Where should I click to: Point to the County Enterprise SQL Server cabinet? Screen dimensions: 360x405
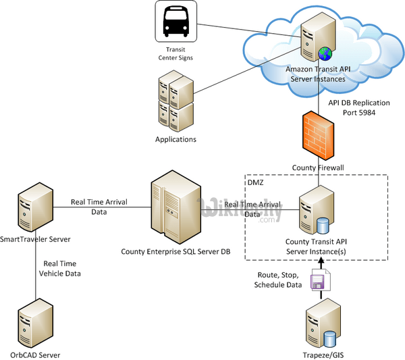pyautogui.click(x=174, y=206)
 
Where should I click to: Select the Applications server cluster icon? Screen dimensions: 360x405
pyautogui.click(x=175, y=103)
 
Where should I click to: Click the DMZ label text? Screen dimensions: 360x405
pyautogui.click(x=254, y=182)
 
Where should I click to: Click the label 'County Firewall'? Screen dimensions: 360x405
pyautogui.click(x=317, y=167)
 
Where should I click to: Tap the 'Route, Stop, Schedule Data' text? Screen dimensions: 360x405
pyautogui.click(x=279, y=280)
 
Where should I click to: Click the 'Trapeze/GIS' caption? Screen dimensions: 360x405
pyautogui.click(x=317, y=353)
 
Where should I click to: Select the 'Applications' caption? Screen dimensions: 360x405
pyautogui.click(x=175, y=139)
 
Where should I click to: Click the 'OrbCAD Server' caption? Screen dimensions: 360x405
pyautogui.click(x=36, y=354)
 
